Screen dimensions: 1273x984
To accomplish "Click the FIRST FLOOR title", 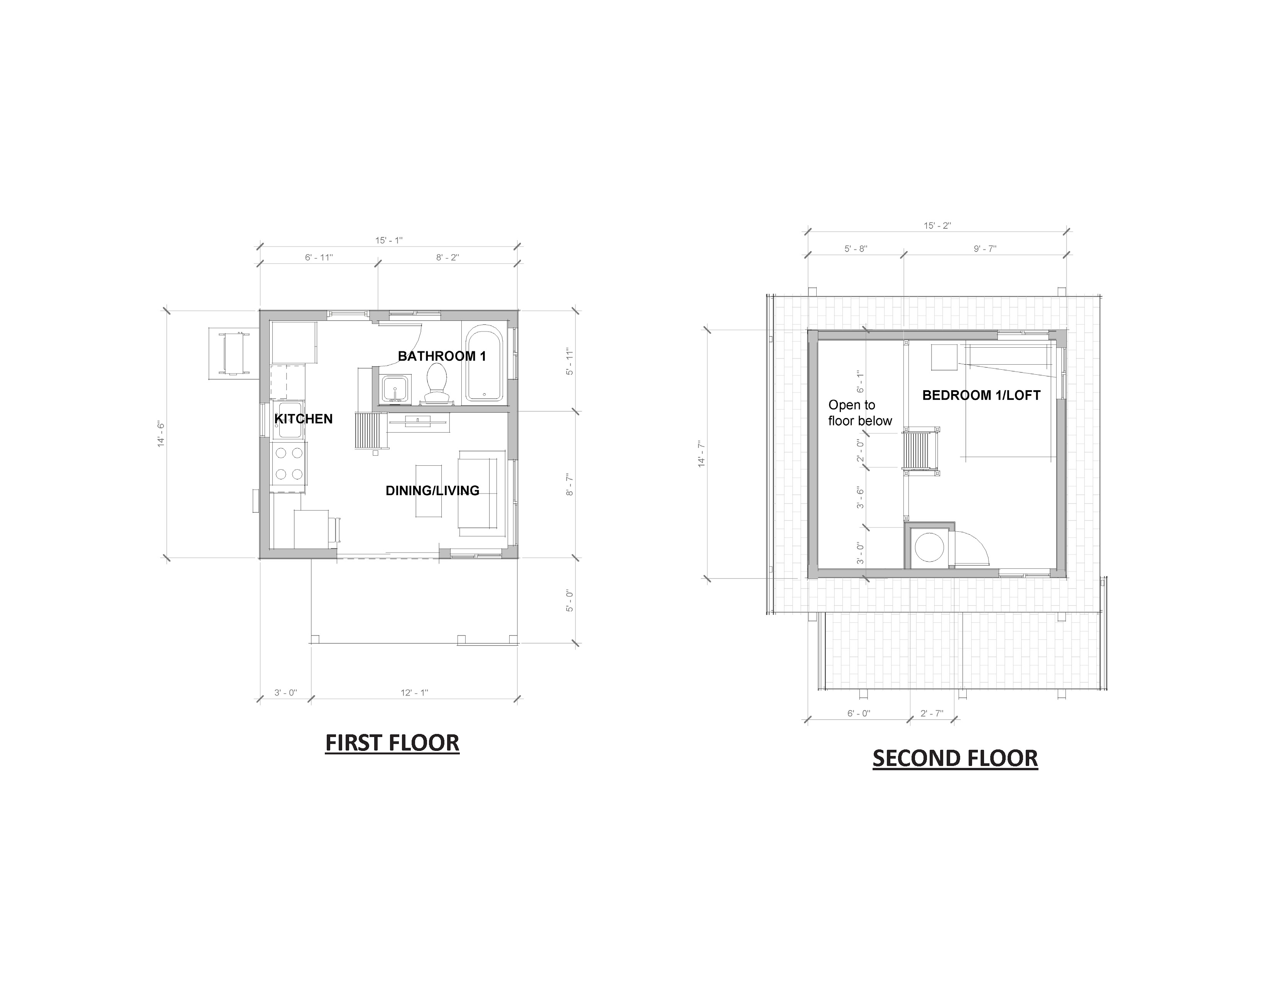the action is [392, 743].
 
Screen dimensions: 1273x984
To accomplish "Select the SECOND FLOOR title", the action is [955, 758].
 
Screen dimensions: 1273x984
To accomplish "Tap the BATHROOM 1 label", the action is [442, 356].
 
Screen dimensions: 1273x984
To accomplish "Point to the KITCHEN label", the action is [303, 419].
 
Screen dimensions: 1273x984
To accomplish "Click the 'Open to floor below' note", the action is [860, 413].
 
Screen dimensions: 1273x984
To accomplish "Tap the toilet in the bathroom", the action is [437, 384].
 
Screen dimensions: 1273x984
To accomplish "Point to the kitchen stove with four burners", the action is [289, 463].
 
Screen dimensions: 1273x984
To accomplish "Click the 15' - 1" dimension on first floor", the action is [389, 240].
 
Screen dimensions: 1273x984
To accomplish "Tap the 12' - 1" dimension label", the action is [414, 693].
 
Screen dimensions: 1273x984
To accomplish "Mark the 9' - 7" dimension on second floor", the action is [985, 249].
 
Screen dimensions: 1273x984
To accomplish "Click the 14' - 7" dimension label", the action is [702, 454].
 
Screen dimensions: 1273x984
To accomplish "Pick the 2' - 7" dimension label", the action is [932, 713].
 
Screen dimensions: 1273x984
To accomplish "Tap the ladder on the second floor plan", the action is [921, 450].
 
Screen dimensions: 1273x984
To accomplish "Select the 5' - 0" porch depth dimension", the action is [569, 601].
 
